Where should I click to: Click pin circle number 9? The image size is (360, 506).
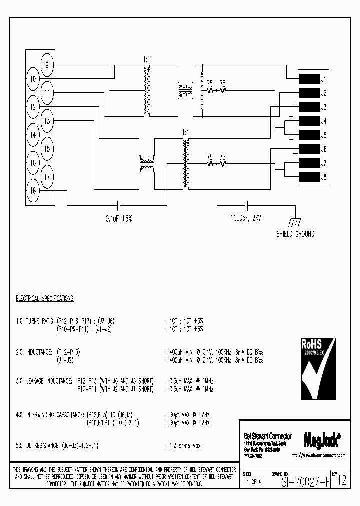coord(47,65)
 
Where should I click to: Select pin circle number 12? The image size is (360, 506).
coord(33,106)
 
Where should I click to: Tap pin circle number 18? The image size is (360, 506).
coord(33,190)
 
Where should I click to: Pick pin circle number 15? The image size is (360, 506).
coord(47,149)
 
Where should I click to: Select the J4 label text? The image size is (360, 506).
coord(324,121)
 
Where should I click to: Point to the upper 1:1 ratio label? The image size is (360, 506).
coord(146,59)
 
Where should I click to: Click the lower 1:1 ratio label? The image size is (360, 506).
coord(186,133)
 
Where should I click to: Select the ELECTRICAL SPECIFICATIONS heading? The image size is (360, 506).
coord(45,299)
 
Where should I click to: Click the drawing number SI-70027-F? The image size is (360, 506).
coord(305,482)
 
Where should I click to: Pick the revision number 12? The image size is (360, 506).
coord(342,482)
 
